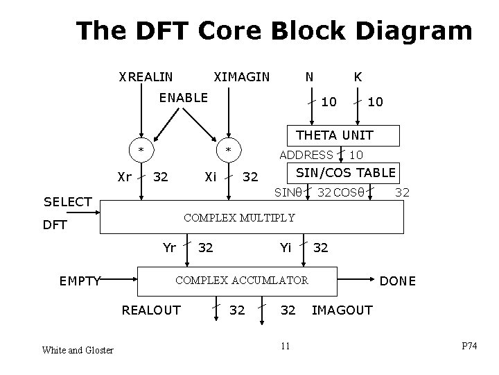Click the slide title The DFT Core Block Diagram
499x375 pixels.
pyautogui.click(x=274, y=31)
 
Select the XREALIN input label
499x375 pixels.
pyautogui.click(x=146, y=76)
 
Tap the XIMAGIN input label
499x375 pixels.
pyautogui.click(x=241, y=76)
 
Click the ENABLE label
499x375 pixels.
pyautogui.click(x=183, y=98)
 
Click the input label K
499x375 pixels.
pyautogui.click(x=358, y=76)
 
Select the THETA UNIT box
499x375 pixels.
pyautogui.click(x=334, y=135)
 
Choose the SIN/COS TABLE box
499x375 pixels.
pyautogui.click(x=346, y=172)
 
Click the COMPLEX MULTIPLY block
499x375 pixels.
pyautogui.click(x=239, y=218)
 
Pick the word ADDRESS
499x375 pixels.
pyautogui.click(x=306, y=154)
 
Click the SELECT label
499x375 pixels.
pyautogui.click(x=68, y=201)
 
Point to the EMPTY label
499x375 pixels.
pyautogui.click(x=80, y=281)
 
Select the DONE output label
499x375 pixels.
pyautogui.click(x=398, y=281)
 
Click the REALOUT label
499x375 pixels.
pyautogui.click(x=151, y=310)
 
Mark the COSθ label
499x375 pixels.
pyautogui.click(x=349, y=191)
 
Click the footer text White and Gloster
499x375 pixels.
pyautogui.click(x=77, y=350)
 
